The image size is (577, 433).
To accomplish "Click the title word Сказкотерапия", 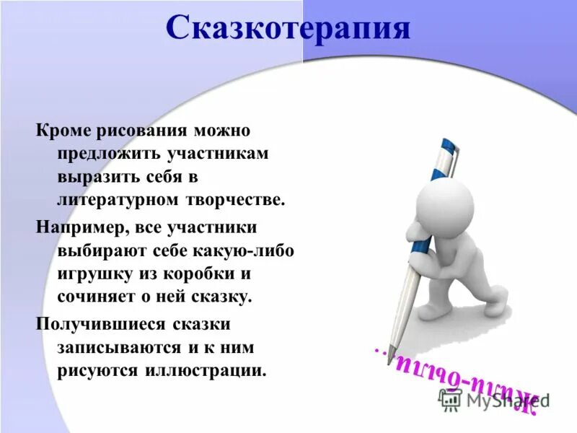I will [x=288, y=30].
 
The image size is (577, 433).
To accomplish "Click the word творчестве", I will [x=237, y=198].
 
